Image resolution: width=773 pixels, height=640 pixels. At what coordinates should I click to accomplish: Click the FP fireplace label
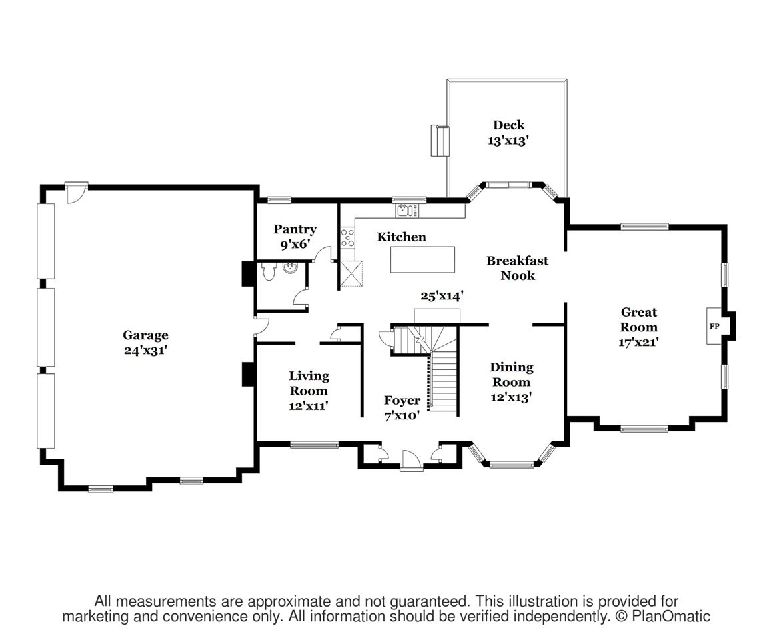(x=714, y=327)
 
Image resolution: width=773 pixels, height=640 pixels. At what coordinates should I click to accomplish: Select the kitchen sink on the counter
(x=404, y=211)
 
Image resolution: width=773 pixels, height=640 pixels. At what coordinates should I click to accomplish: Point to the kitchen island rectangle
(x=422, y=259)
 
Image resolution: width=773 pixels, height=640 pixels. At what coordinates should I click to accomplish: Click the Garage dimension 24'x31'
(x=145, y=351)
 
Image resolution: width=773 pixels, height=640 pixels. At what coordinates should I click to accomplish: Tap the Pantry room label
(x=295, y=229)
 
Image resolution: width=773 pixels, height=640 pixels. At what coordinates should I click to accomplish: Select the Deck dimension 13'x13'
(x=508, y=141)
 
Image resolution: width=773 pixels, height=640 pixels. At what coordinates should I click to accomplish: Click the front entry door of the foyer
(x=410, y=460)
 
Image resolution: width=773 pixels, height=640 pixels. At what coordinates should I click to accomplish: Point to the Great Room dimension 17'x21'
(x=639, y=342)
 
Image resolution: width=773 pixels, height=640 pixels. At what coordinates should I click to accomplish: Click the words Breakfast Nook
(x=518, y=268)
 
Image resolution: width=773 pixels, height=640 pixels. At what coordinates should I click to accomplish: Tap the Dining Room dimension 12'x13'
(x=511, y=397)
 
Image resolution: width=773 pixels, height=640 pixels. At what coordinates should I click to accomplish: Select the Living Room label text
(x=309, y=383)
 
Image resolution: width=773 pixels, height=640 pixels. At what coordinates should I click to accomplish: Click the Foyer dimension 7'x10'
(x=402, y=416)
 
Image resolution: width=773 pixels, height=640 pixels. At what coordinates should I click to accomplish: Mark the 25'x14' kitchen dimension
(x=442, y=296)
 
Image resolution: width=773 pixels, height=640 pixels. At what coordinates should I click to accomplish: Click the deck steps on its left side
(x=440, y=141)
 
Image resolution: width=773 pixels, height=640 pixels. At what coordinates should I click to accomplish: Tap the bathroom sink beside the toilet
(x=290, y=268)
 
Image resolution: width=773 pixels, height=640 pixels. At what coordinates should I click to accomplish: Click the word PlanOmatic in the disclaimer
(x=671, y=616)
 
